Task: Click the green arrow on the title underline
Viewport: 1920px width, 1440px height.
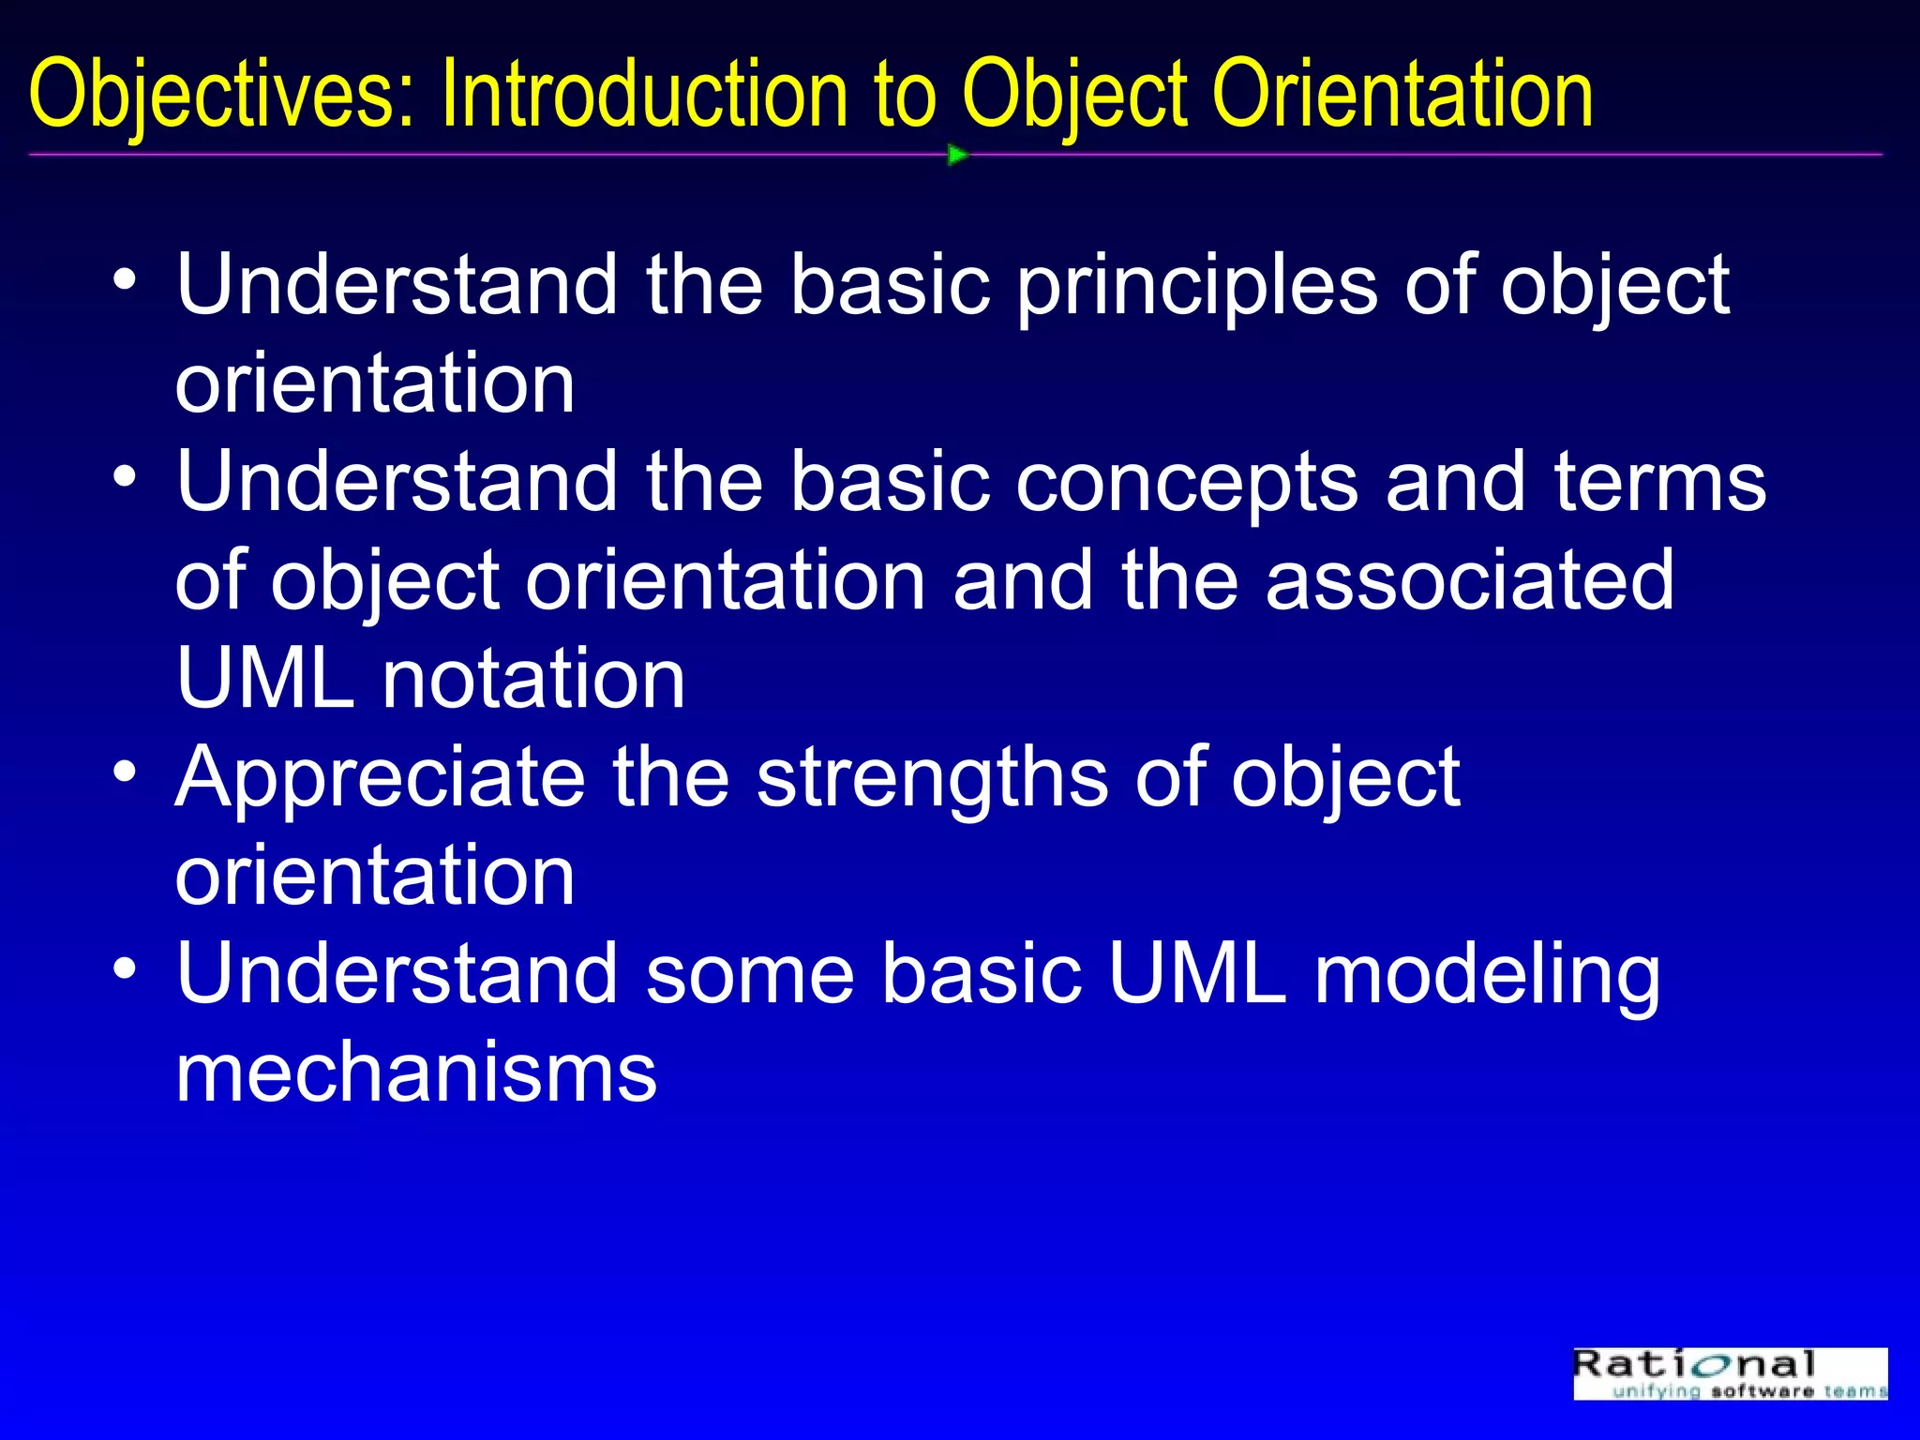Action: pyautogui.click(x=956, y=155)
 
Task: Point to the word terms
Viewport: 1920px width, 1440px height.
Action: pyautogui.click(x=1660, y=483)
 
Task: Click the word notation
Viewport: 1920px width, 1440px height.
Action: pyautogui.click(x=533, y=679)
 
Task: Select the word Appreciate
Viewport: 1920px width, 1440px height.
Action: pyautogui.click(x=380, y=779)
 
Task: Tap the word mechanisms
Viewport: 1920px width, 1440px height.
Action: pyautogui.click(x=416, y=1073)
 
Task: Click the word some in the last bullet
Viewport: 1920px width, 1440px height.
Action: pyautogui.click(x=750, y=975)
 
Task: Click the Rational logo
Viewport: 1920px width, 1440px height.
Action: pyautogui.click(x=1730, y=1373)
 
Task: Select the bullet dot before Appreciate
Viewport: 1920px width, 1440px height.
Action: pyautogui.click(x=125, y=772)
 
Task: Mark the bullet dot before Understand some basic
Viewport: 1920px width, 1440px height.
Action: pyautogui.click(x=125, y=969)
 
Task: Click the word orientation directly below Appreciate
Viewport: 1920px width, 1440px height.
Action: pyautogui.click(x=375, y=876)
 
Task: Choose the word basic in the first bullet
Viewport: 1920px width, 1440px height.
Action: pyautogui.click(x=891, y=286)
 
